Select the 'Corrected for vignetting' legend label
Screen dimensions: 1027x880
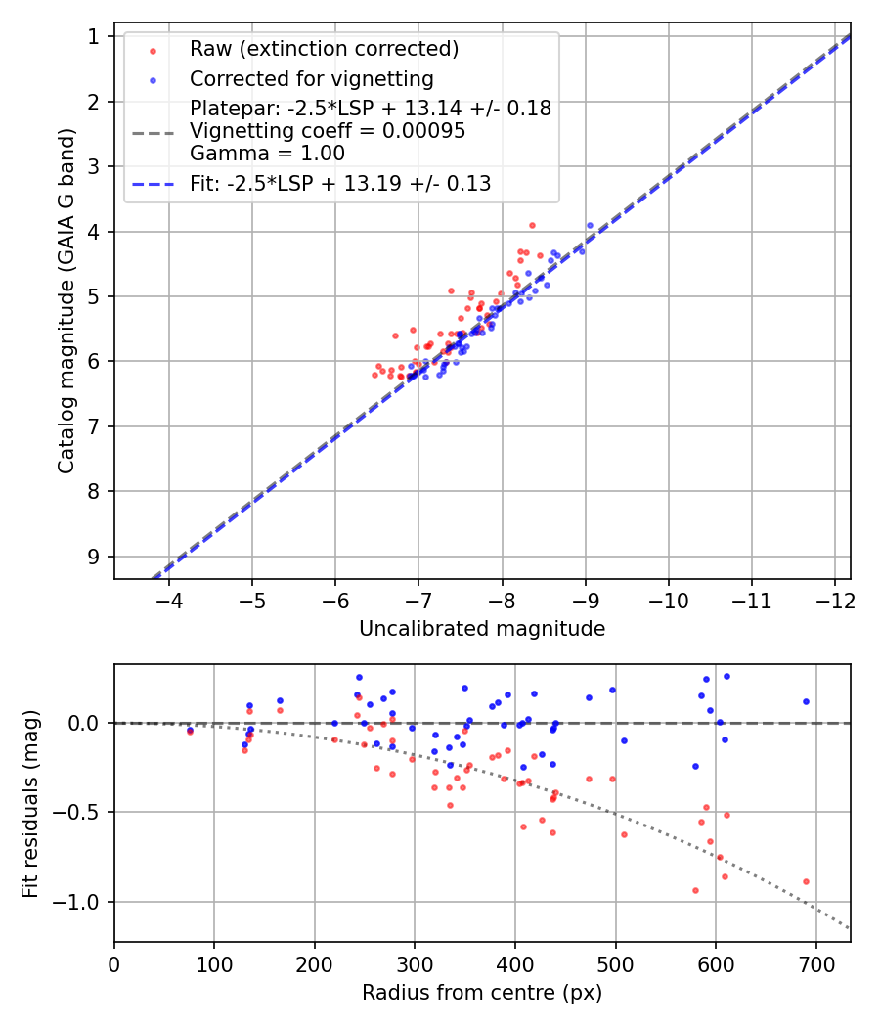pos(312,78)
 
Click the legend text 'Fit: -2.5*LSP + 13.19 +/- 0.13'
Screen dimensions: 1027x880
pos(340,183)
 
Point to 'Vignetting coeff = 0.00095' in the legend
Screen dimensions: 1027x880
pos(328,131)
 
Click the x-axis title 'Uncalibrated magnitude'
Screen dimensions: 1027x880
pos(482,629)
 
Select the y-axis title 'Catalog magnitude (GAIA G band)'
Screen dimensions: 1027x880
pos(66,306)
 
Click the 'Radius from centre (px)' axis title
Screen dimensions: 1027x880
pos(482,993)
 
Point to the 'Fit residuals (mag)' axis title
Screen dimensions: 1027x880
pos(30,803)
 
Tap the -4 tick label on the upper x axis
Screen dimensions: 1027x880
pos(169,597)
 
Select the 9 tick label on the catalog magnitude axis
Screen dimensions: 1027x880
pos(95,557)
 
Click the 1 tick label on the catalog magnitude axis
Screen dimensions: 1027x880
pos(95,37)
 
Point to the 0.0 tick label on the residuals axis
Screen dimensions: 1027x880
pos(89,723)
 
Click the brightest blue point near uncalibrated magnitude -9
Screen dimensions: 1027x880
pos(590,225)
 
